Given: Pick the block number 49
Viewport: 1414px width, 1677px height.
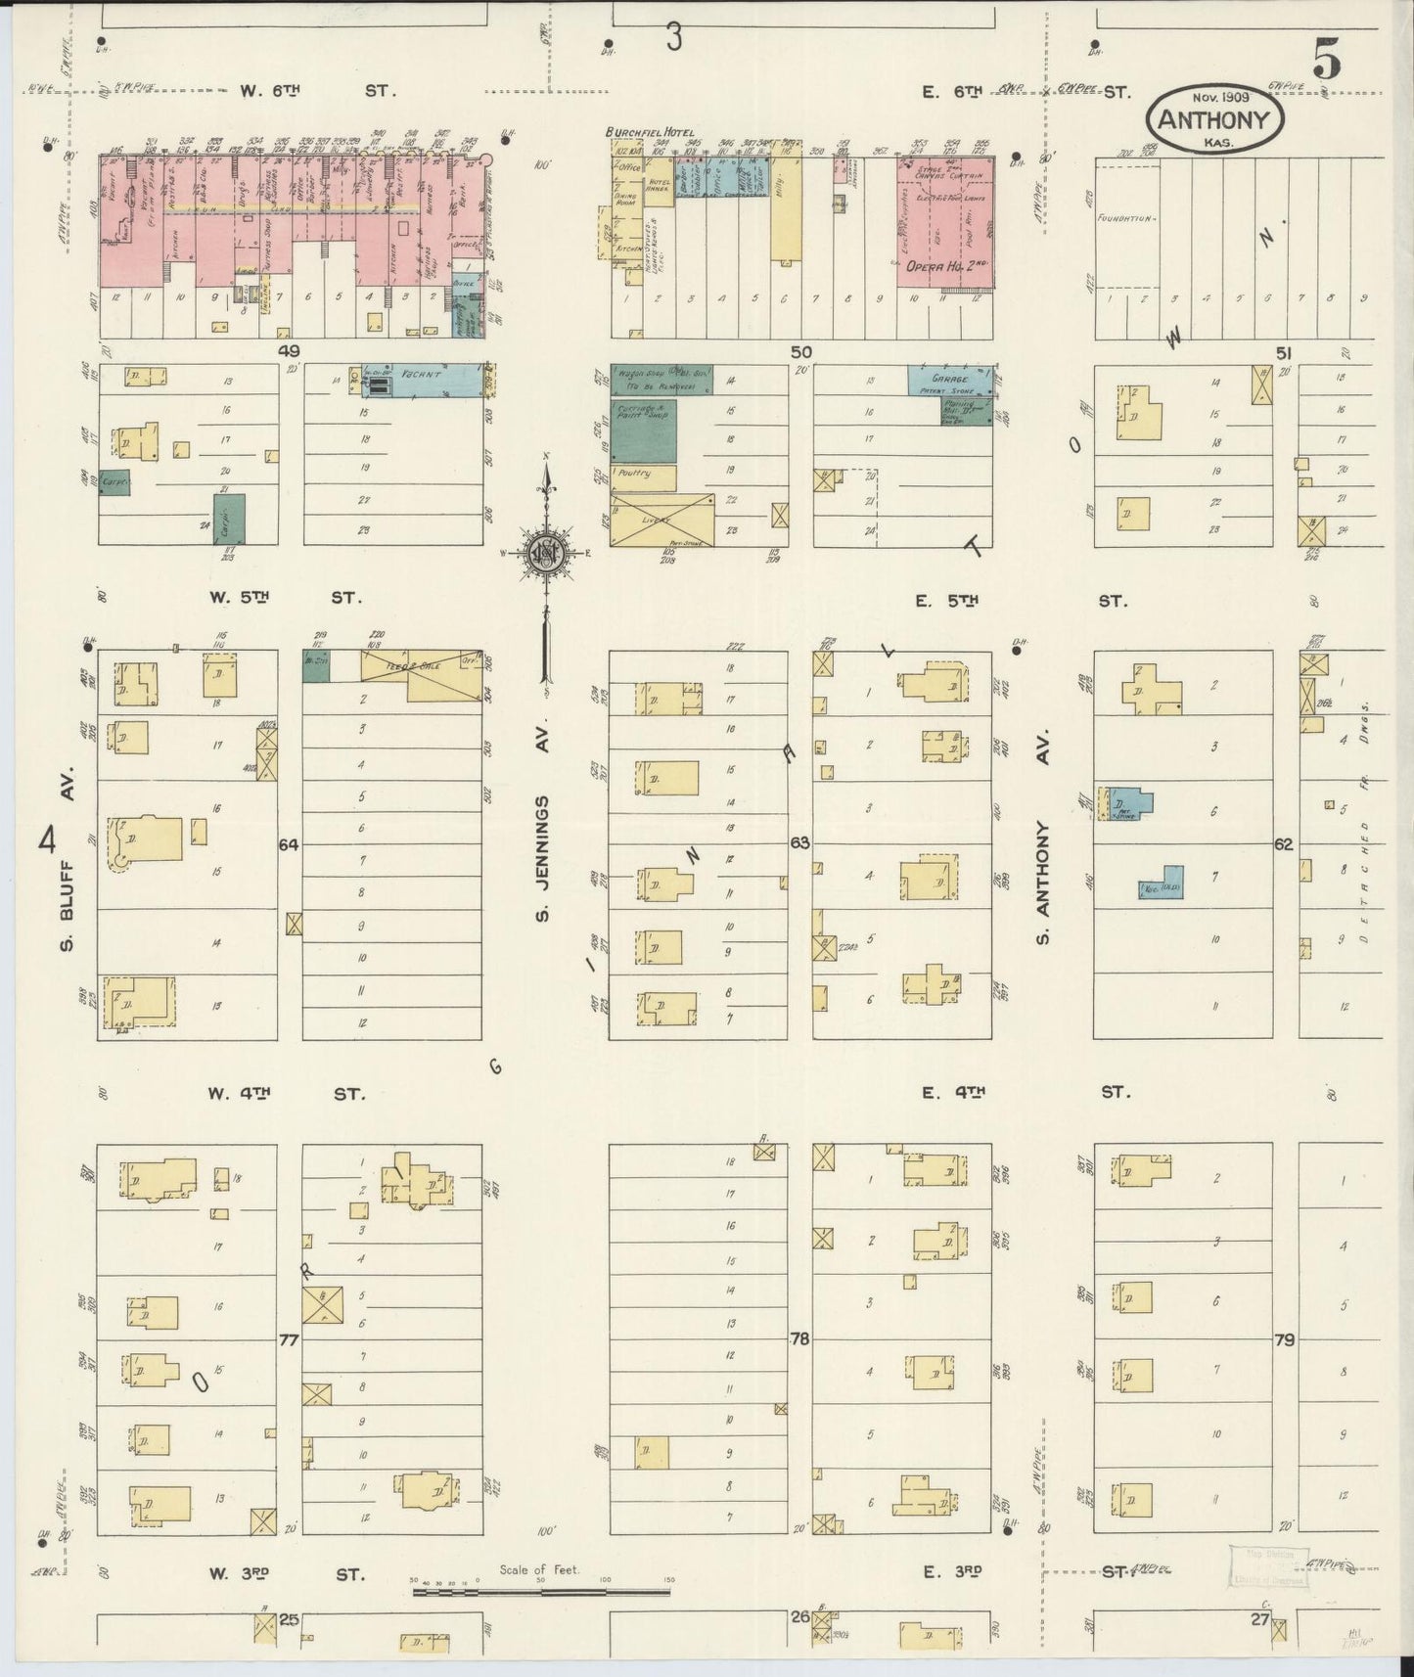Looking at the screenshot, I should coord(288,350).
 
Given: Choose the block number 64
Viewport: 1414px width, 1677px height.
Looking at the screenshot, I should coord(289,844).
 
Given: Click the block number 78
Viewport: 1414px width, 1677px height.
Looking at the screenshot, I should coord(800,1340).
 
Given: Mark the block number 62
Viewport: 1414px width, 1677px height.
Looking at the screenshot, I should coord(1284,843).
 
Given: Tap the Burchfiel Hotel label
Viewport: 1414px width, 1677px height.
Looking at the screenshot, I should coord(651,131).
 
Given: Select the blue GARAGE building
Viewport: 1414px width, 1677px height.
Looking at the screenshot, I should coord(948,381).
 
